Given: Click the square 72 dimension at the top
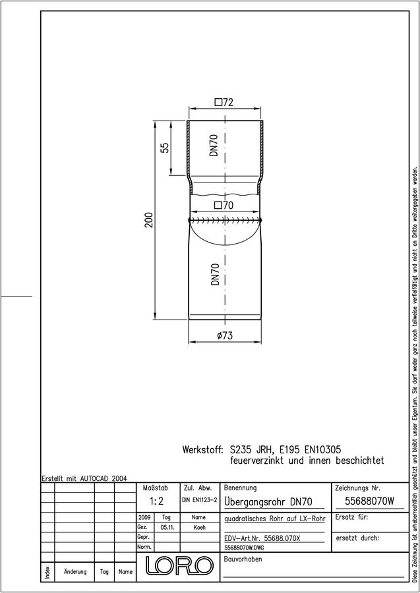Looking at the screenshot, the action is (224, 102).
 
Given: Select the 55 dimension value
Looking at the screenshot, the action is (165, 148).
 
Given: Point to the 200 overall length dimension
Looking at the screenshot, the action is (150, 219).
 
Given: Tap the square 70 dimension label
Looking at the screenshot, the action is (224, 206).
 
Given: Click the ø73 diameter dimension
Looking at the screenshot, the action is (225, 335).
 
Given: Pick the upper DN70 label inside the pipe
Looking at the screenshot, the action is (214, 146).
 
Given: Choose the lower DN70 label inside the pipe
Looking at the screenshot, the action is (215, 275).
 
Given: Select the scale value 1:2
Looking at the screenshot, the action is (156, 501).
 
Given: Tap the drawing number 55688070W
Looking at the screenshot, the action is (370, 501).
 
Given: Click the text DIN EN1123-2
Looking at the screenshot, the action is (199, 500).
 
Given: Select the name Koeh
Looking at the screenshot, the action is (199, 527).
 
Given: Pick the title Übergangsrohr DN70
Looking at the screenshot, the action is (268, 501).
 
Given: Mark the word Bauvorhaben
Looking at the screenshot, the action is (243, 559).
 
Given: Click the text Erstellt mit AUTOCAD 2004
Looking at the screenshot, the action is (84, 478).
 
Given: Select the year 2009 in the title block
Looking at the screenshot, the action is (144, 517).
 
